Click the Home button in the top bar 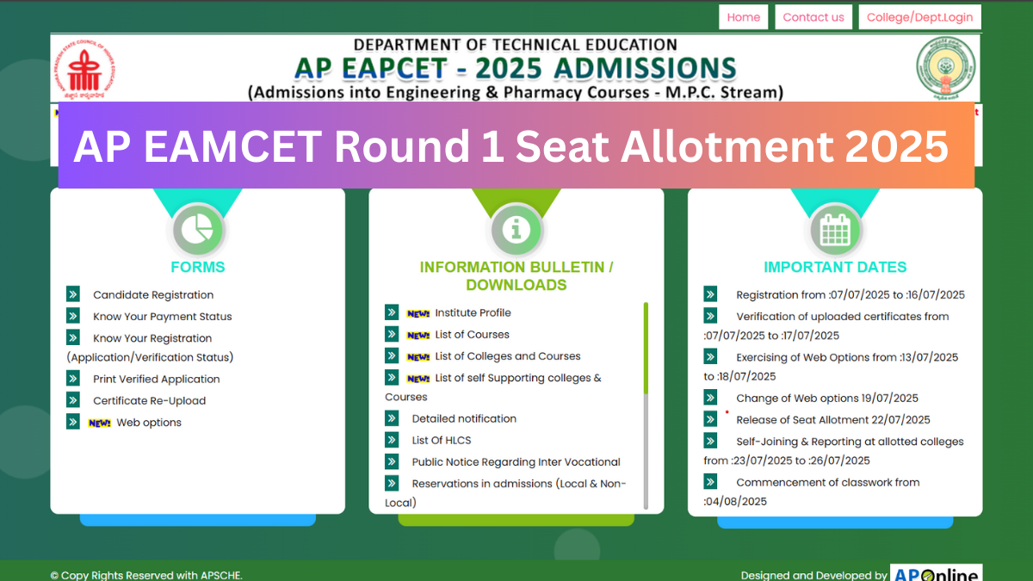pyautogui.click(x=743, y=17)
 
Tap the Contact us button pyautogui.click(x=813, y=17)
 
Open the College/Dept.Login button pyautogui.click(x=919, y=17)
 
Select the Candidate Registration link pyautogui.click(x=152, y=295)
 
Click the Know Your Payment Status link pyautogui.click(x=162, y=317)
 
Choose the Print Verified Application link pyautogui.click(x=156, y=380)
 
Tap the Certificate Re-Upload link pyautogui.click(x=149, y=401)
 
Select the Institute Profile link pyautogui.click(x=473, y=313)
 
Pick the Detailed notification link pyautogui.click(x=464, y=419)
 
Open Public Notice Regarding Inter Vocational pyautogui.click(x=516, y=462)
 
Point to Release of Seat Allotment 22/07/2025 pyautogui.click(x=832, y=420)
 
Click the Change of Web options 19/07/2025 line pyautogui.click(x=826, y=399)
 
